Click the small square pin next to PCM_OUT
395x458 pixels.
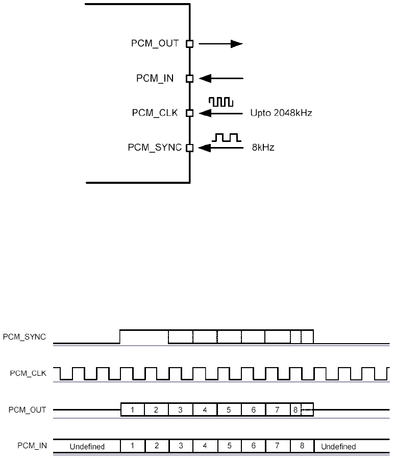pyautogui.click(x=189, y=44)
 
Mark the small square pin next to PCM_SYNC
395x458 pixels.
pyautogui.click(x=189, y=148)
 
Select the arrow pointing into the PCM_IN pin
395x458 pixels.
pyautogui.click(x=221, y=79)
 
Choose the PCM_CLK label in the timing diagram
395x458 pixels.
pyautogui.click(x=29, y=373)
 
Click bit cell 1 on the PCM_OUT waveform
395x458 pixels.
pyautogui.click(x=132, y=409)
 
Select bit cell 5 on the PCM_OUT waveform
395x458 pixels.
pyautogui.click(x=229, y=409)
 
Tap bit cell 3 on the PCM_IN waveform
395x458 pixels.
pyautogui.click(x=181, y=446)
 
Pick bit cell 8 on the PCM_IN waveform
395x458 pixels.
pyautogui.click(x=302, y=446)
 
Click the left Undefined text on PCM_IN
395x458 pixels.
pyautogui.click(x=87, y=446)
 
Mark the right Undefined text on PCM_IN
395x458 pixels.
pyautogui.click(x=338, y=446)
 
